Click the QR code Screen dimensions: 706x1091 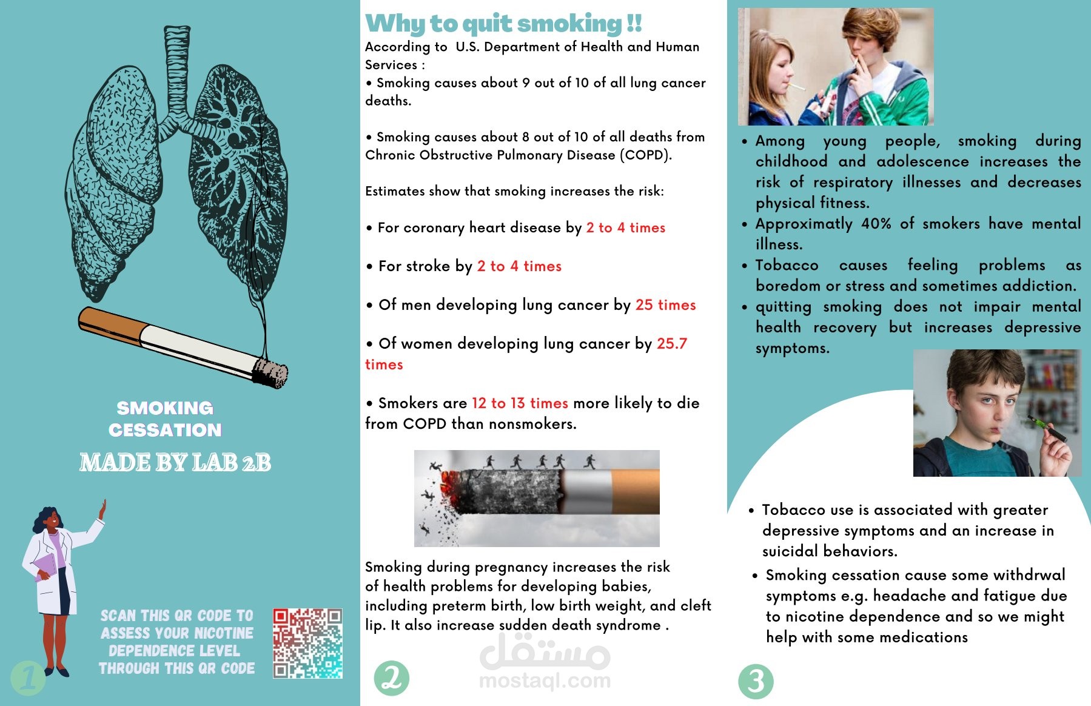[x=307, y=643]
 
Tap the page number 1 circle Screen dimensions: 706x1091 [x=28, y=677]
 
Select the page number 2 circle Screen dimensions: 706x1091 [x=391, y=677]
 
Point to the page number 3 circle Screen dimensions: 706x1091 [x=756, y=681]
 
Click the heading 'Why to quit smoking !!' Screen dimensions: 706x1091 [x=503, y=24]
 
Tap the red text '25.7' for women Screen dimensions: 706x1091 [x=672, y=344]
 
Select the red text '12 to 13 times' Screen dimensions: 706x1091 [x=520, y=403]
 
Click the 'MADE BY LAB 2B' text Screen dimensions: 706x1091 [x=175, y=463]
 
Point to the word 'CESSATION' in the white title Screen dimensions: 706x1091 [x=165, y=430]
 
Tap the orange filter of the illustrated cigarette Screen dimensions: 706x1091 [x=109, y=324]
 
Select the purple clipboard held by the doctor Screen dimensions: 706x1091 [x=46, y=566]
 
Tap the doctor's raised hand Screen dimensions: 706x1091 [x=102, y=509]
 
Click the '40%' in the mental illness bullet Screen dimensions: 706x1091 [x=876, y=224]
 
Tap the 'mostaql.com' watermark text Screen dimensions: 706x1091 [x=545, y=681]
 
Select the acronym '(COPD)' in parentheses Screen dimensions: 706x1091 [x=645, y=155]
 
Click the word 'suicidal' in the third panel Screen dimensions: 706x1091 [x=791, y=551]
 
